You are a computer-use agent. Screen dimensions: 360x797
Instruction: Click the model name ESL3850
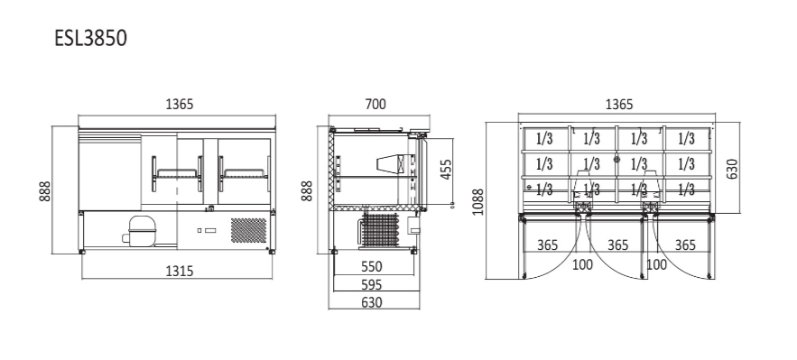[89, 39]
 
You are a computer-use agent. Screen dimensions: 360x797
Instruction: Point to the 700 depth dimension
[375, 105]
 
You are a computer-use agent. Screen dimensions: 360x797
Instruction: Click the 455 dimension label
[446, 170]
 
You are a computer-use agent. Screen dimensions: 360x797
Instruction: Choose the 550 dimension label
[372, 266]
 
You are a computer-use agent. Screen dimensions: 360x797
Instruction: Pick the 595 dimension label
[372, 284]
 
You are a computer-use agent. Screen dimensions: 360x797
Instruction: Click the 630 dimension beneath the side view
[372, 302]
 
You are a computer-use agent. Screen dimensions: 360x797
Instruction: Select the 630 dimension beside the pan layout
[733, 168]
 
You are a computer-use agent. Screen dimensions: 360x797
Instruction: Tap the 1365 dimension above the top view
[618, 105]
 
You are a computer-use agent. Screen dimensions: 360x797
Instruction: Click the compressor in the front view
[142, 231]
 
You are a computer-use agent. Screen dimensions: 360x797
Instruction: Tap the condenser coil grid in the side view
[383, 230]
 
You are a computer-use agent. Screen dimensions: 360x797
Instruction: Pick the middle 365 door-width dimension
[617, 245]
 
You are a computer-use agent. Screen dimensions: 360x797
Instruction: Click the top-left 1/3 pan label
[544, 139]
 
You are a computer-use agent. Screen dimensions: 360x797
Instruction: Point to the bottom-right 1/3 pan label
[686, 189]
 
